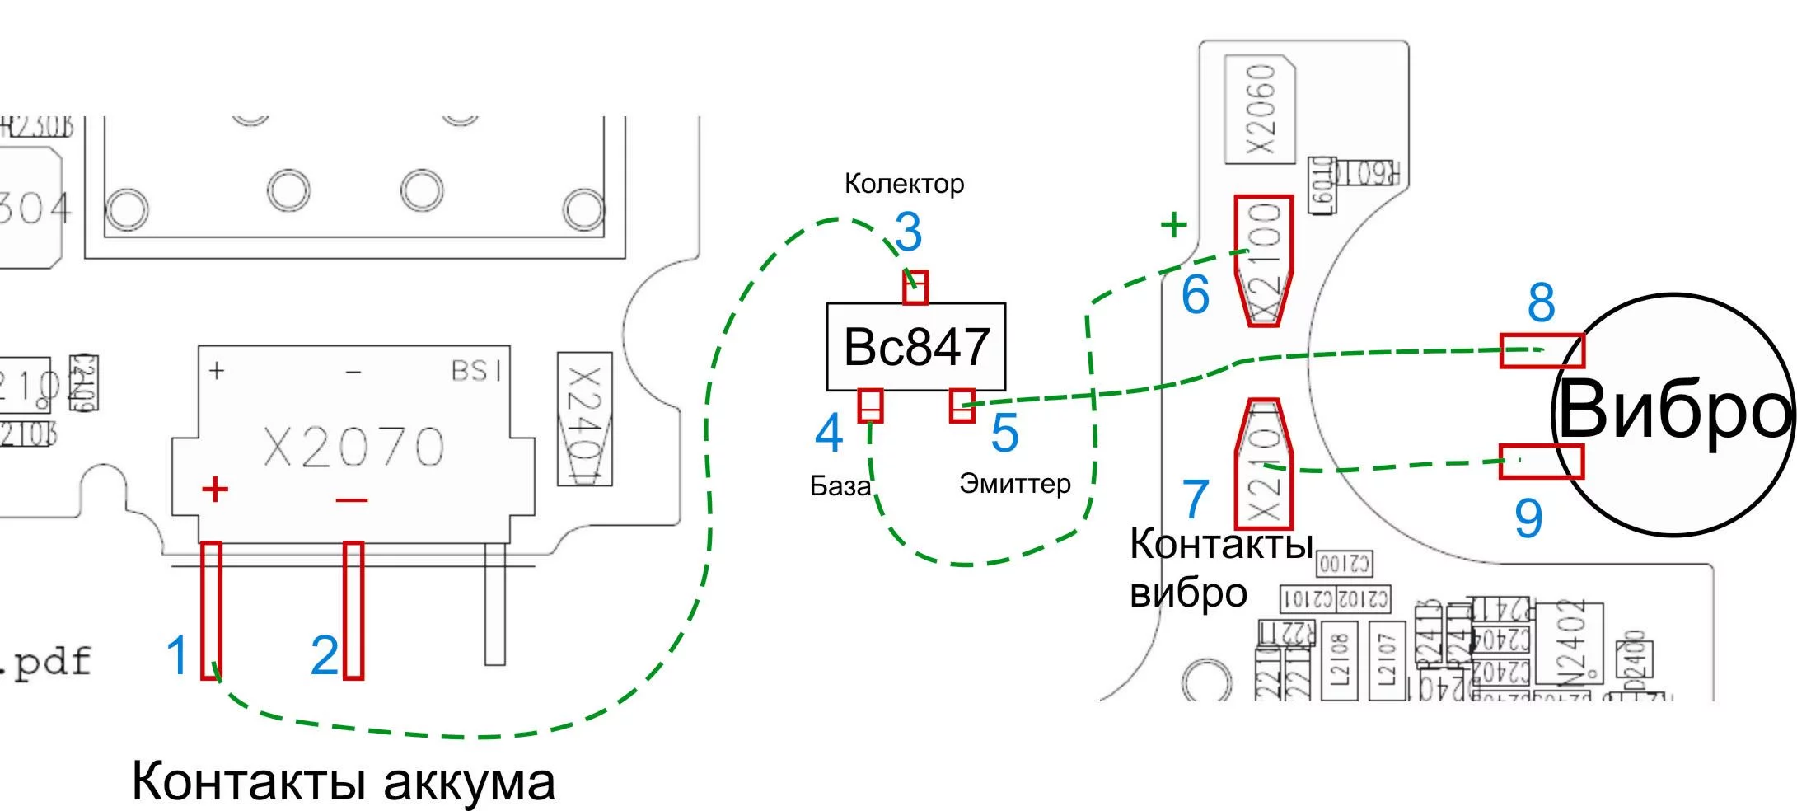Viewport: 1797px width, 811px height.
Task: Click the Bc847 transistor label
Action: [x=916, y=347]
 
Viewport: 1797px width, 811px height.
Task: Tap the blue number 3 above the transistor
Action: [x=908, y=232]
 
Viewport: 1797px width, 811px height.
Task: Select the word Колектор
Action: [x=904, y=184]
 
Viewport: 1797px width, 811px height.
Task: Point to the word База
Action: [x=840, y=486]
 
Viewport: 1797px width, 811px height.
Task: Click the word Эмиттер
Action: [x=1014, y=483]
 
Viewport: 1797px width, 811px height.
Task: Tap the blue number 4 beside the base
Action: [x=829, y=434]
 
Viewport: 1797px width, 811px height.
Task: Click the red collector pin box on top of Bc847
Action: [x=915, y=288]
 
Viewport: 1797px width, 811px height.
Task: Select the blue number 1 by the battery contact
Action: [x=177, y=655]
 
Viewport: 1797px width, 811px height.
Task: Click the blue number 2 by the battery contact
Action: [x=325, y=656]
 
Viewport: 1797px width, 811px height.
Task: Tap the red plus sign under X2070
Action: [x=215, y=490]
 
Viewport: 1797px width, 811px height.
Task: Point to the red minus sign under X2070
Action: [x=352, y=499]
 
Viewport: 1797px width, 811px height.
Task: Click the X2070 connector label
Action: [x=353, y=448]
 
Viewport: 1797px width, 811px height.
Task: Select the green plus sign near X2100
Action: [x=1173, y=224]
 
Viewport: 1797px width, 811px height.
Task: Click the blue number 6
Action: [x=1195, y=295]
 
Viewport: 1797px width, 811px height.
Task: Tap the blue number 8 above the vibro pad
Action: [x=1541, y=302]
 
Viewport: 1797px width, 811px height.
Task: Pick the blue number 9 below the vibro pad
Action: [x=1528, y=518]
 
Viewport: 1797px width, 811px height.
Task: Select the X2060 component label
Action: [x=1261, y=109]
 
